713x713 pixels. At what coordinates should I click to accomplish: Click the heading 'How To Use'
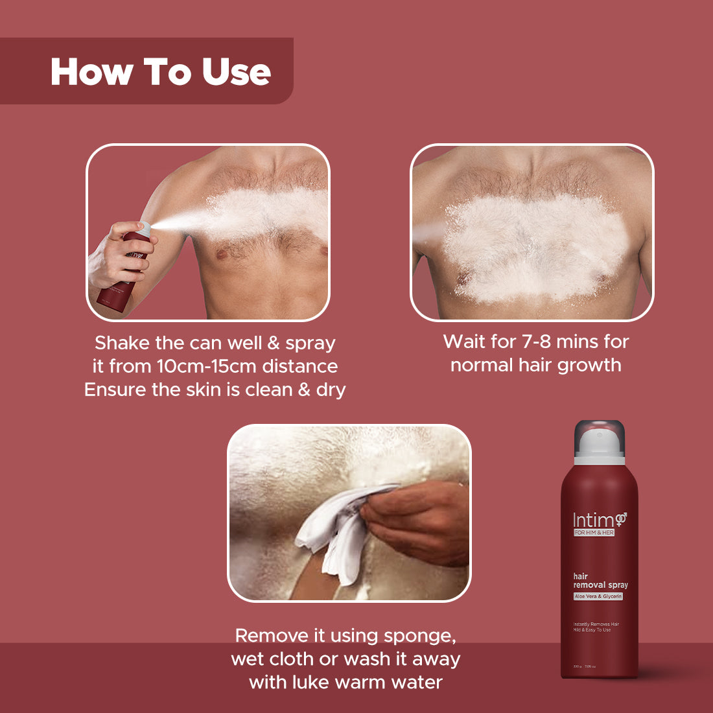coord(160,71)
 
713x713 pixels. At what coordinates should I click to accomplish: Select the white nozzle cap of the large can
coord(600,447)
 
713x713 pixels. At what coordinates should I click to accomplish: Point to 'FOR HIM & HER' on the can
coord(594,533)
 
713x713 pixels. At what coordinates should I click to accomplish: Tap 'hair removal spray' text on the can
coord(600,580)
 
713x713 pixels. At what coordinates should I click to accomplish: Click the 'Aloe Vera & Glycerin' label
coord(598,596)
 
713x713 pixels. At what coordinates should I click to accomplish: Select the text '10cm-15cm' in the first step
coord(207,366)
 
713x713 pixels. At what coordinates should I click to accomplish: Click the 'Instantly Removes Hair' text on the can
coord(596,624)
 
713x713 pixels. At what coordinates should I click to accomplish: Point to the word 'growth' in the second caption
coord(589,365)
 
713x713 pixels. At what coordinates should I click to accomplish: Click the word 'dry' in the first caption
coord(331,390)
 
